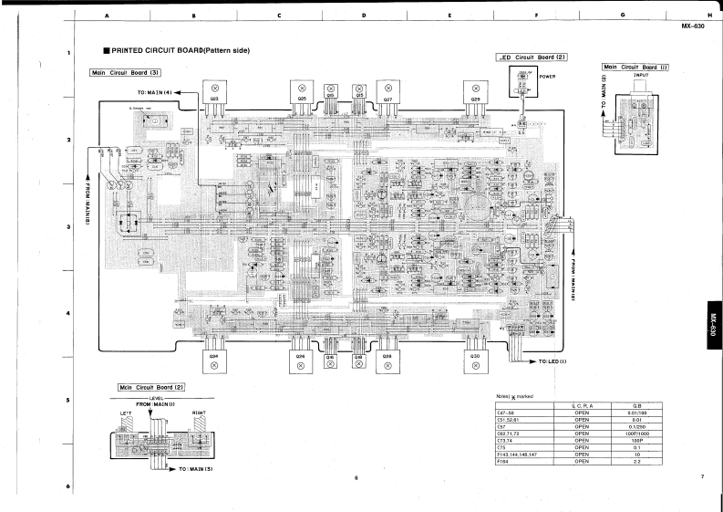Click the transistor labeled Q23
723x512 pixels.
215,99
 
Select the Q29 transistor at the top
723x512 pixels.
476,99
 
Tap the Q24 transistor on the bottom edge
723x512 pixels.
214,358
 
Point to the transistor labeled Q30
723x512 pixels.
476,358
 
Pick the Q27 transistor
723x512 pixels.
387,99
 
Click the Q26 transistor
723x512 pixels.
300,358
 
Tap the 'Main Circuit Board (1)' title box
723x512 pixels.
635,67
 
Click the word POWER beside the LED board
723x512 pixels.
547,77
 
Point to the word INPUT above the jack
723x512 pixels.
640,76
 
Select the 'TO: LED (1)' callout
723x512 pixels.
553,361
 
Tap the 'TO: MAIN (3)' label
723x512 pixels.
195,468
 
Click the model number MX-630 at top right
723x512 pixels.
694,26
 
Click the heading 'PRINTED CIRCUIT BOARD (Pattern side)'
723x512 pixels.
181,50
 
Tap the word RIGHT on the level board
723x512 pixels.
198,413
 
